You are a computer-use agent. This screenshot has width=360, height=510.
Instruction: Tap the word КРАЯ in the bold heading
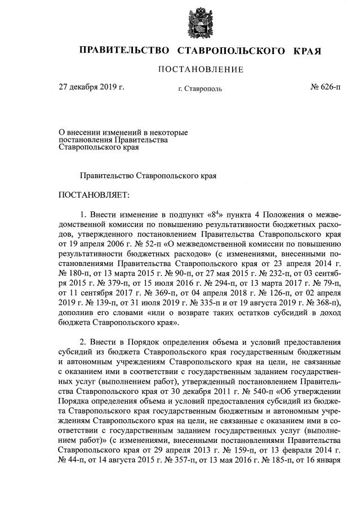click(x=306, y=51)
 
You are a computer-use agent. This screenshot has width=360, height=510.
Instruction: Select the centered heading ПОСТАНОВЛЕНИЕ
click(x=201, y=70)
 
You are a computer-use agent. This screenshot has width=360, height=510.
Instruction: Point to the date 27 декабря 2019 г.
click(x=92, y=87)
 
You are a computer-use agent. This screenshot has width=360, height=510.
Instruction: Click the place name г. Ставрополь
click(x=200, y=88)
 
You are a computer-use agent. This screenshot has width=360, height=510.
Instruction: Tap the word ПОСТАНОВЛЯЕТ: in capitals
click(x=94, y=194)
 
